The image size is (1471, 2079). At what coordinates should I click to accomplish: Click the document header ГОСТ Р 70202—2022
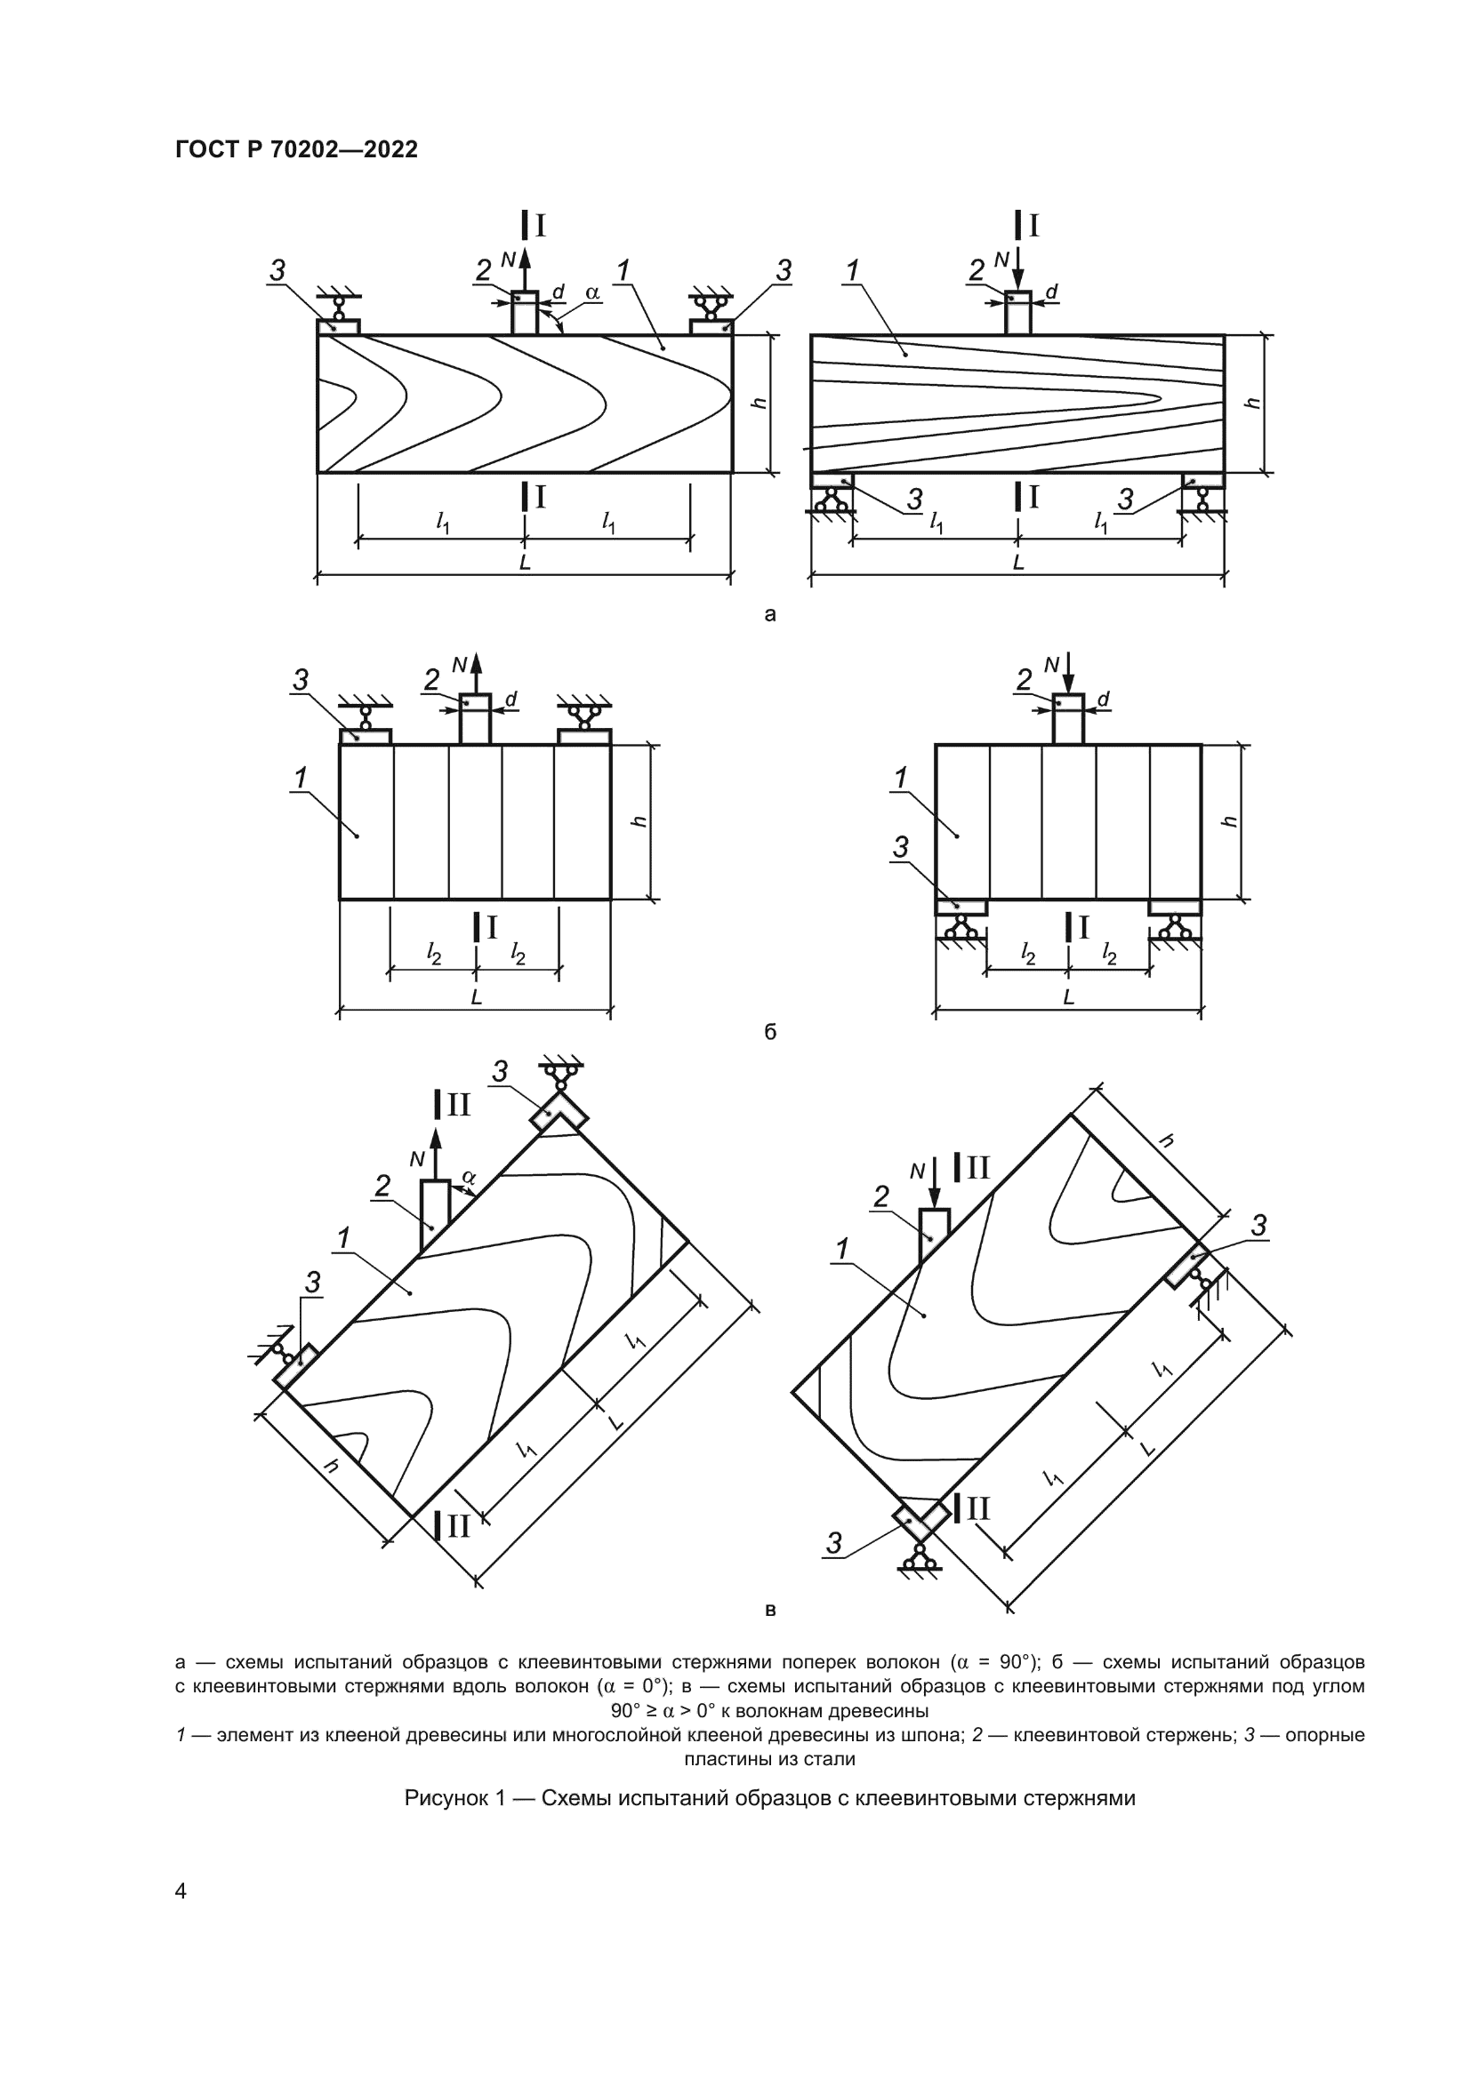296,150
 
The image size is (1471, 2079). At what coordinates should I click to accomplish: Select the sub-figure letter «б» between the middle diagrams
770,1031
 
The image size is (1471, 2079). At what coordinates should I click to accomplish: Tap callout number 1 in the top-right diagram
851,269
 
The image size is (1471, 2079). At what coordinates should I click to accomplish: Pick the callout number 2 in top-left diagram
483,270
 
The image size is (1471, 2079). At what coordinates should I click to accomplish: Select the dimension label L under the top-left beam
525,563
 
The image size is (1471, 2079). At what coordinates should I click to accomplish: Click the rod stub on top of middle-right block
1068,719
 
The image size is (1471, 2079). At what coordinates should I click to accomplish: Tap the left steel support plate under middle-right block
961,908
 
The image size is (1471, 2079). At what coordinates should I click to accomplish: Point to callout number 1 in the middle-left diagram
300,778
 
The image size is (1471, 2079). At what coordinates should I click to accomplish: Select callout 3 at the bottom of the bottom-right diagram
834,1543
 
